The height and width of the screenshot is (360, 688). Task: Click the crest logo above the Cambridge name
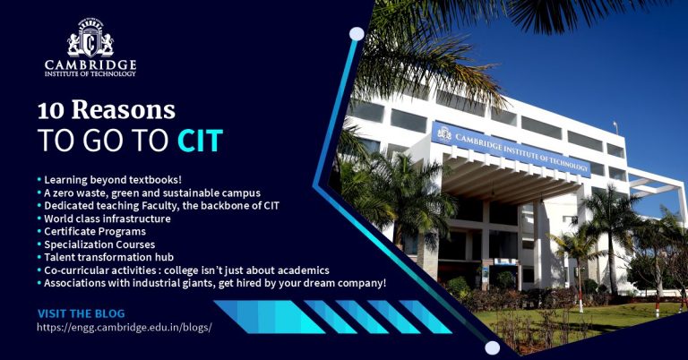pos(90,39)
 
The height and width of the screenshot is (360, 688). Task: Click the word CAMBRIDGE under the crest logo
pos(90,64)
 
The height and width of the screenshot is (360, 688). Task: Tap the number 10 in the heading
pos(52,111)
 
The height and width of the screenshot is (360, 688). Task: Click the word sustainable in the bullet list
pos(181,193)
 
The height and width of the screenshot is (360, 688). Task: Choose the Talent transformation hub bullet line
pos(105,257)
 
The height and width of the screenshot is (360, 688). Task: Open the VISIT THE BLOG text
pos(81,313)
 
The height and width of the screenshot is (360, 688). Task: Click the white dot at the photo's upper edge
pos(357,34)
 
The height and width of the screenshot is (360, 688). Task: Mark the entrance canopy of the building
pos(502,179)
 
